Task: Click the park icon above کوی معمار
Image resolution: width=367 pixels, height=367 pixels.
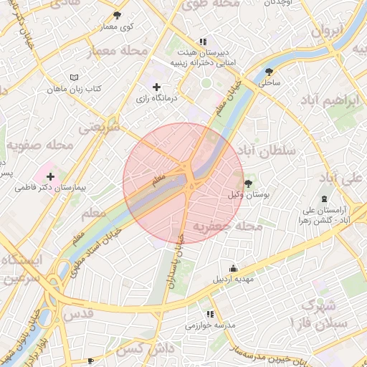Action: pos(117,14)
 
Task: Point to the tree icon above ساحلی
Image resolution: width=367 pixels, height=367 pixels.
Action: pos(269,72)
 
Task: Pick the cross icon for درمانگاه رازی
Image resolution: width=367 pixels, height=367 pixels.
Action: pos(156,87)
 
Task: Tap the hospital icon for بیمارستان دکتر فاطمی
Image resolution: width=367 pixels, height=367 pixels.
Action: pos(50,176)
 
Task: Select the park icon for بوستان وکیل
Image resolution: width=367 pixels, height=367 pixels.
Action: pos(249,183)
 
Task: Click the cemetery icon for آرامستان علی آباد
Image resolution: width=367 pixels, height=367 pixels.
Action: pos(324,198)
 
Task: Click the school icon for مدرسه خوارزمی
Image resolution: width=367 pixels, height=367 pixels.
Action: pos(210,314)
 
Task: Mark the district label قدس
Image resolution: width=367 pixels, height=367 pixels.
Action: pos(80,314)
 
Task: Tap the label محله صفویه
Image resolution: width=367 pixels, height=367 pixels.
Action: pos(41,146)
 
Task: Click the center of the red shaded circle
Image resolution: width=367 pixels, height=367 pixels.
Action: pos(183,183)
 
